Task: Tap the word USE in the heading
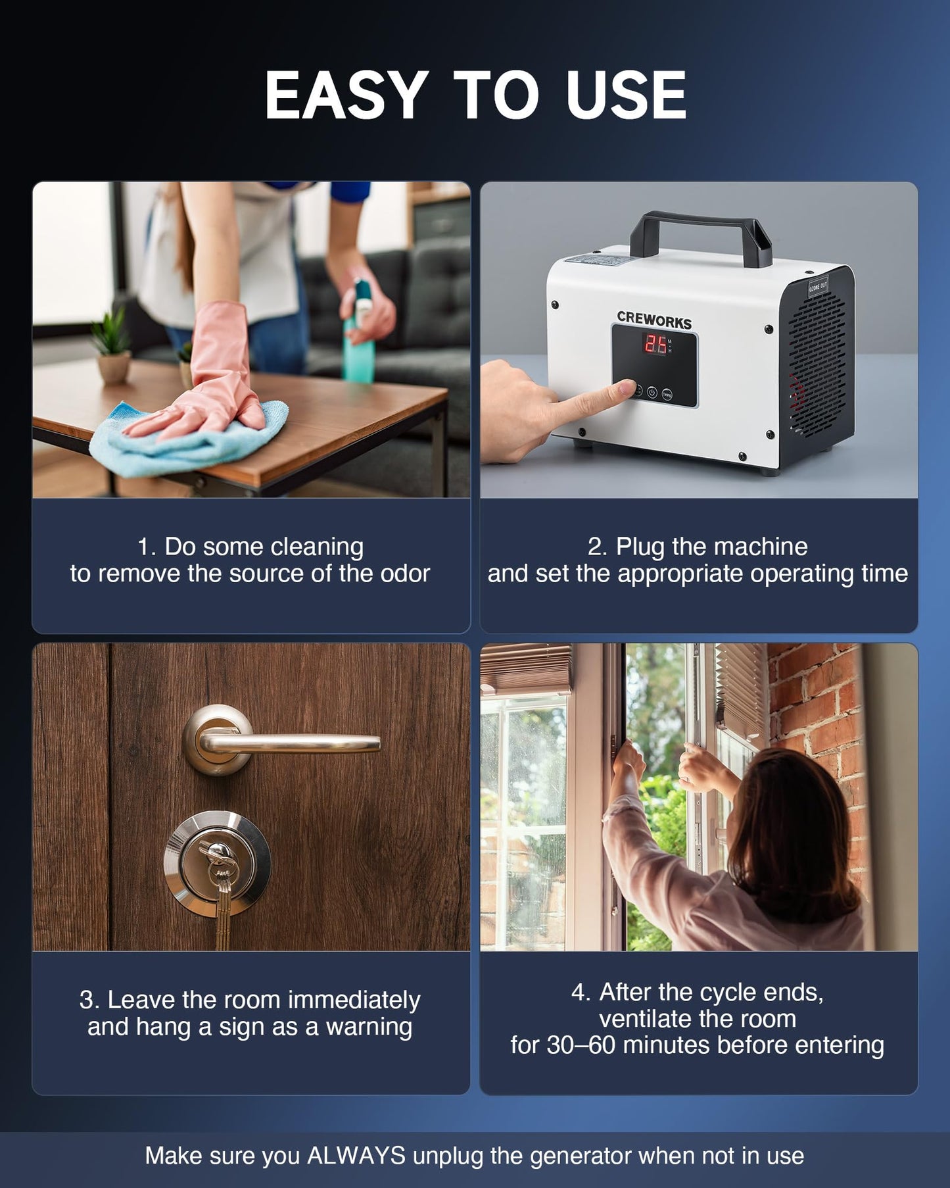(626, 95)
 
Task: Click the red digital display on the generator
(655, 344)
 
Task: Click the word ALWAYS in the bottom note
(356, 1156)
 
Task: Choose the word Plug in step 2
(640, 547)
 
